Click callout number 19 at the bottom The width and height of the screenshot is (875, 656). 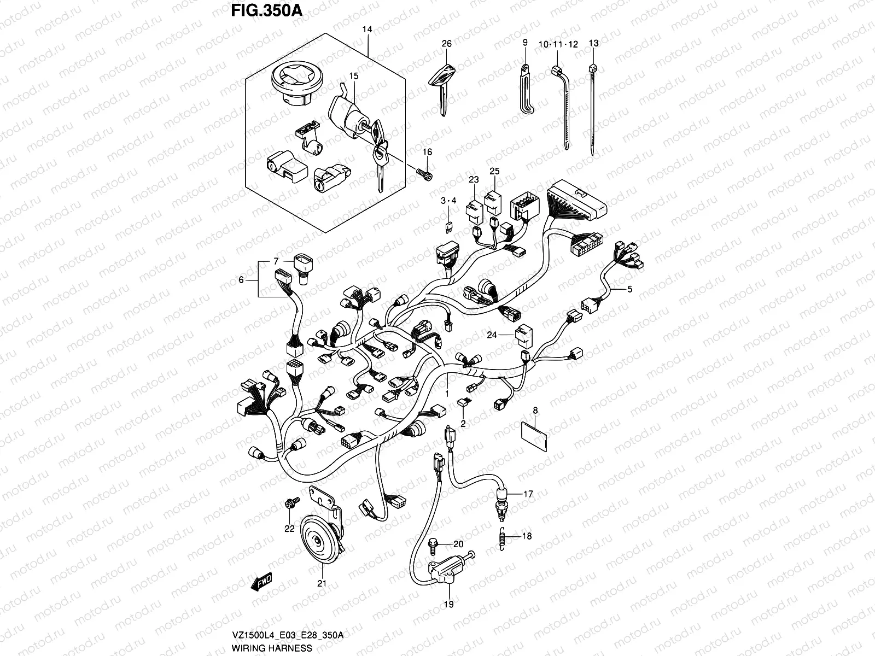tap(448, 604)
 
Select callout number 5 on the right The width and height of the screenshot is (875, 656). tap(629, 289)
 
